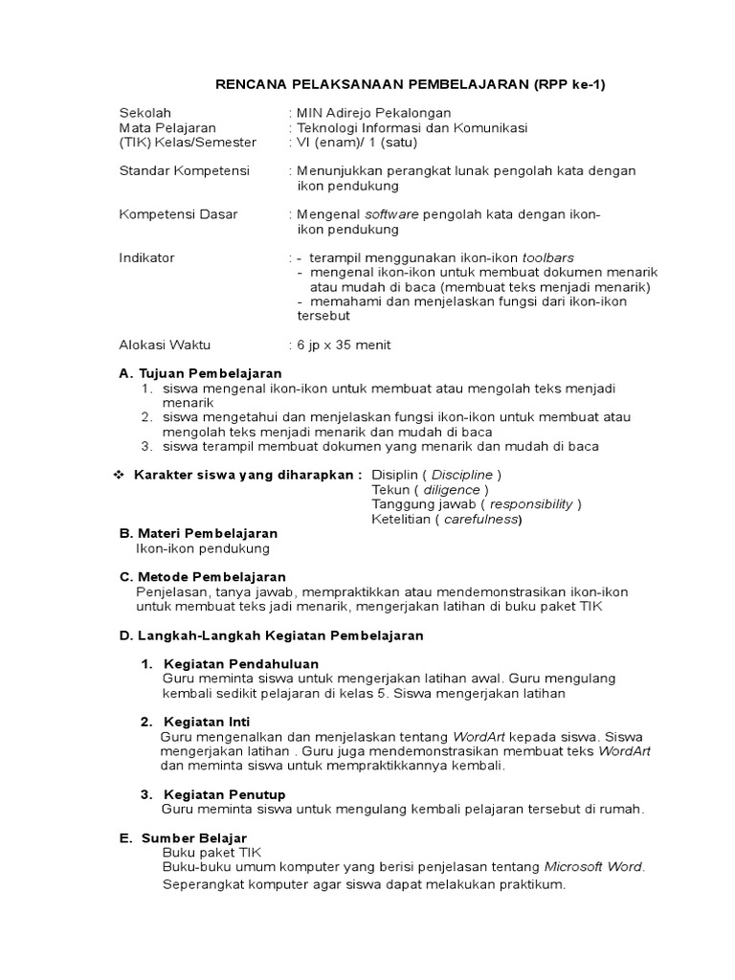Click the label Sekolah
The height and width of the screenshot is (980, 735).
(x=145, y=113)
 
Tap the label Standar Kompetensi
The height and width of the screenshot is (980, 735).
(x=184, y=170)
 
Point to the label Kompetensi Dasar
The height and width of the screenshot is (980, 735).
(x=178, y=214)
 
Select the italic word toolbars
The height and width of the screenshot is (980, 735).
(x=548, y=257)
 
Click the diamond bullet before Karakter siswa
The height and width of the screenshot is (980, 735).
(x=120, y=475)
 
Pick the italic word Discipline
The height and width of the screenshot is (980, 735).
(x=463, y=475)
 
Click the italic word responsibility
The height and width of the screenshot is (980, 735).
(x=531, y=503)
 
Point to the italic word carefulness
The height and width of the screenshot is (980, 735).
(x=481, y=519)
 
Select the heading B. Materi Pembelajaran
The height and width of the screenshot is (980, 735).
(x=198, y=533)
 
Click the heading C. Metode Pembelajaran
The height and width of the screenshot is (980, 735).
(x=202, y=577)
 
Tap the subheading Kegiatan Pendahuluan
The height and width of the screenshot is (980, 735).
(x=241, y=663)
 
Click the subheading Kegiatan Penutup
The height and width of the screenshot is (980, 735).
(x=225, y=794)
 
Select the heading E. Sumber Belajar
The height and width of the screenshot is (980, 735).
(x=183, y=838)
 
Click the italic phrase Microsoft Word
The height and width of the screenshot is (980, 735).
(x=593, y=867)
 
